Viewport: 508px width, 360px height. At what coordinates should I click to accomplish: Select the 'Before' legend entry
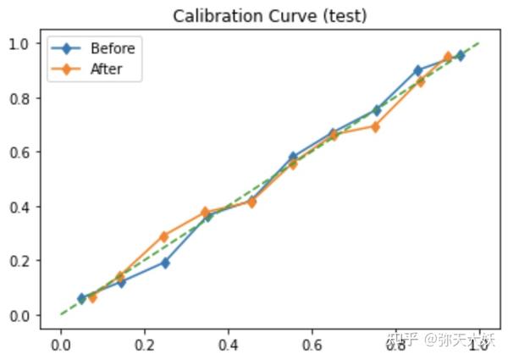point(112,48)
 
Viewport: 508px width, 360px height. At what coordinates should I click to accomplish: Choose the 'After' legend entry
point(106,69)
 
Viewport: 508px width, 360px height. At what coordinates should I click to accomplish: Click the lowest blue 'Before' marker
point(81,298)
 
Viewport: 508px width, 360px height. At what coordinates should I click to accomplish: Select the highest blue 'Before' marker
point(461,55)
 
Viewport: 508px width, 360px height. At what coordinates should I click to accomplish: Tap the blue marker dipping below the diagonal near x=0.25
point(165,263)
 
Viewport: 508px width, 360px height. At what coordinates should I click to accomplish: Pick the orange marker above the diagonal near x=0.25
point(164,236)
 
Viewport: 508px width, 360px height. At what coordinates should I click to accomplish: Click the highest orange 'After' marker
point(448,58)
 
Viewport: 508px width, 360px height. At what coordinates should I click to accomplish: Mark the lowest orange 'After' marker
point(92,297)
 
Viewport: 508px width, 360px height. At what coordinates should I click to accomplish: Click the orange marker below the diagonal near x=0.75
point(375,127)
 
